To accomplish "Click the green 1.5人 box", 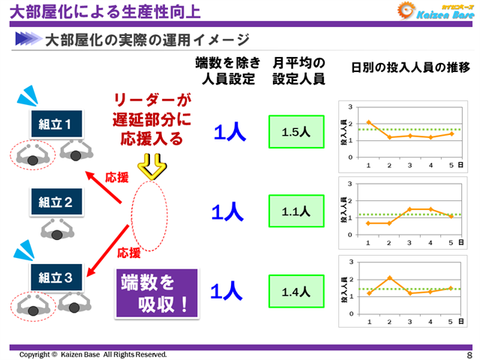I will click(x=295, y=132).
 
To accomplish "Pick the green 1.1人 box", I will click(x=295, y=211).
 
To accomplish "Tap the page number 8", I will click(x=469, y=354).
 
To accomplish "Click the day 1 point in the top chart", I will click(x=368, y=122).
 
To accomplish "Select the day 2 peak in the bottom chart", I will click(x=389, y=277).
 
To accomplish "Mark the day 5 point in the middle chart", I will click(x=451, y=216).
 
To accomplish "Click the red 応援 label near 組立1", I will click(x=117, y=178).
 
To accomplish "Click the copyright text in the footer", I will click(x=93, y=354).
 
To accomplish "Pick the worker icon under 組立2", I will click(x=57, y=229).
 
